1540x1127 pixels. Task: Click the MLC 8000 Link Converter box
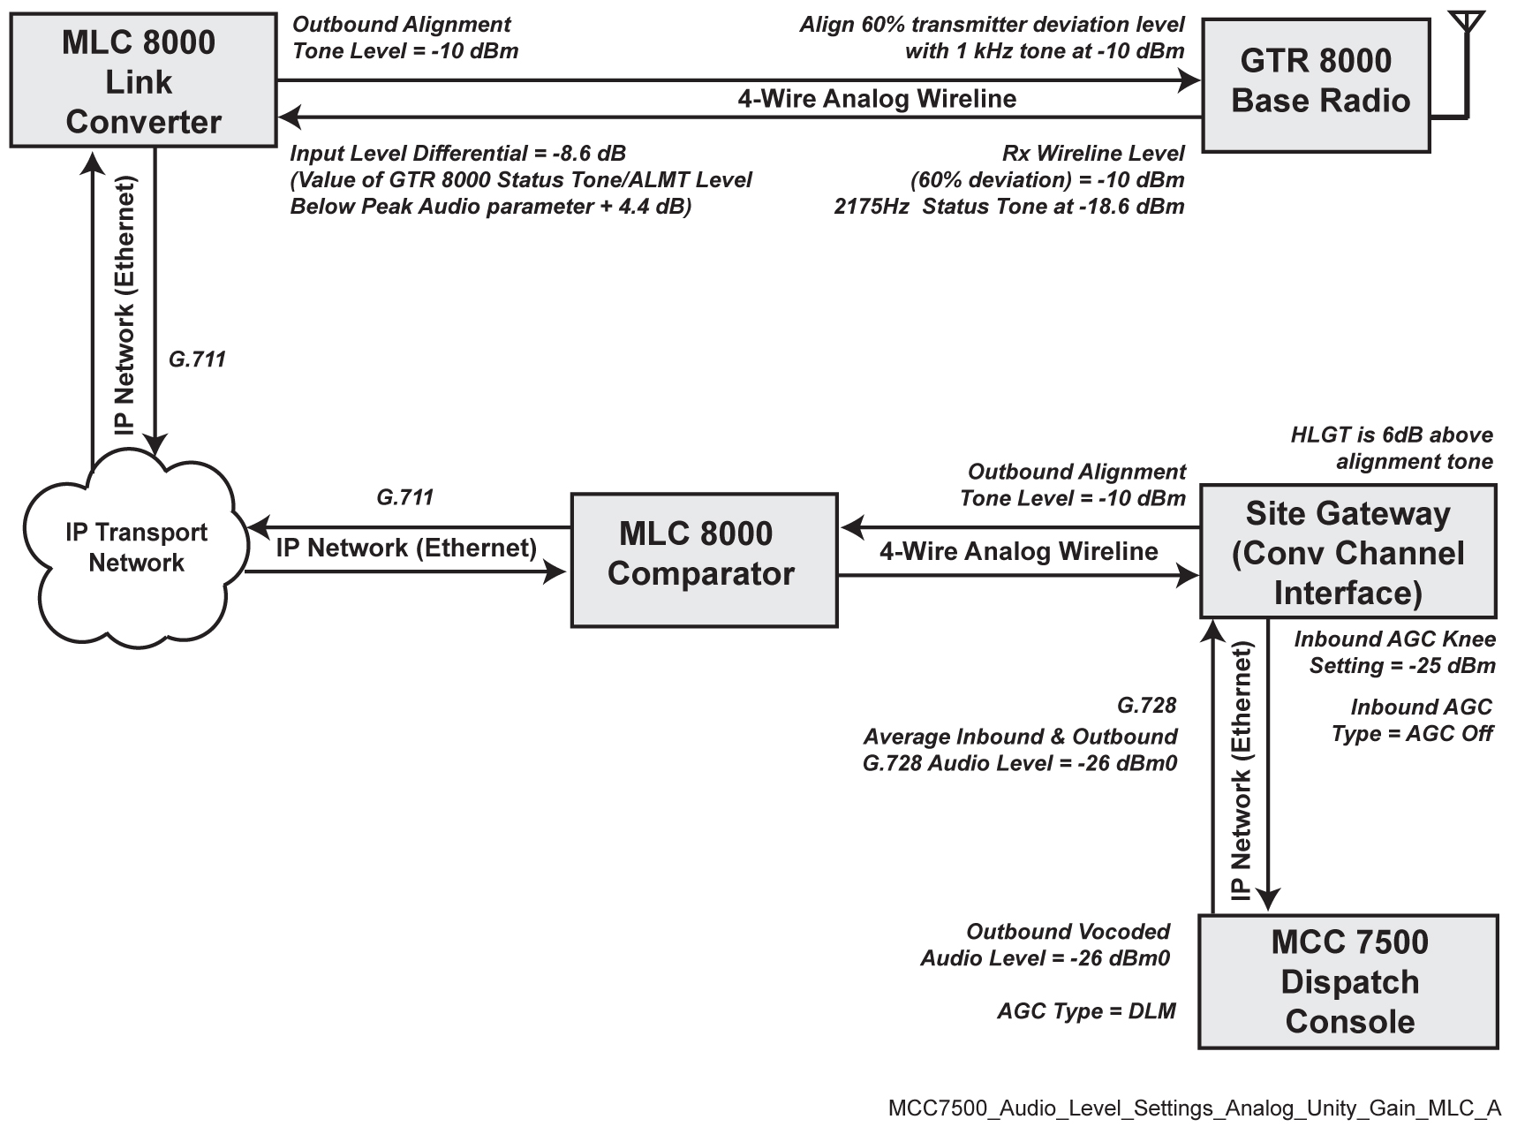142,80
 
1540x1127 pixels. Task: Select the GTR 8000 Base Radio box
1316,85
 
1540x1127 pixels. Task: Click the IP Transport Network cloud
136,548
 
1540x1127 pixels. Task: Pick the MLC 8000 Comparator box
704,560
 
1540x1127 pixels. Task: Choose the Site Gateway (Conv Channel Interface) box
1347,551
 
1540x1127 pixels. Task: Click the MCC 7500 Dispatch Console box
1348,981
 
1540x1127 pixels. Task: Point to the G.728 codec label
1146,705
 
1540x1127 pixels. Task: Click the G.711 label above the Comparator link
405,497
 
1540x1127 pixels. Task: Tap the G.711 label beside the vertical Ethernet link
197,359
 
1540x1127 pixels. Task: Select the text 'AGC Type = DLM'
1086,1011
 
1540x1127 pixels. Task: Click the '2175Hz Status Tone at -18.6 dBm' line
1008,207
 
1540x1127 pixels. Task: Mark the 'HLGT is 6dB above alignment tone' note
1392,448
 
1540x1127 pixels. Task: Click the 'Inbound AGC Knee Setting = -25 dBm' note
1395,652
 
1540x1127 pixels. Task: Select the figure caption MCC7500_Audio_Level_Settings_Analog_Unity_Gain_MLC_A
1194,1108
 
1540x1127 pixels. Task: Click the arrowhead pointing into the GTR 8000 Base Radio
1190,81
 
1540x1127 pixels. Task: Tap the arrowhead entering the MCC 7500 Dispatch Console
1269,901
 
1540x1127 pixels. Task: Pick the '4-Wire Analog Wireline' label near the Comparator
1018,551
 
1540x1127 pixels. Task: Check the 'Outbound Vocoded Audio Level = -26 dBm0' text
1046,945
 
